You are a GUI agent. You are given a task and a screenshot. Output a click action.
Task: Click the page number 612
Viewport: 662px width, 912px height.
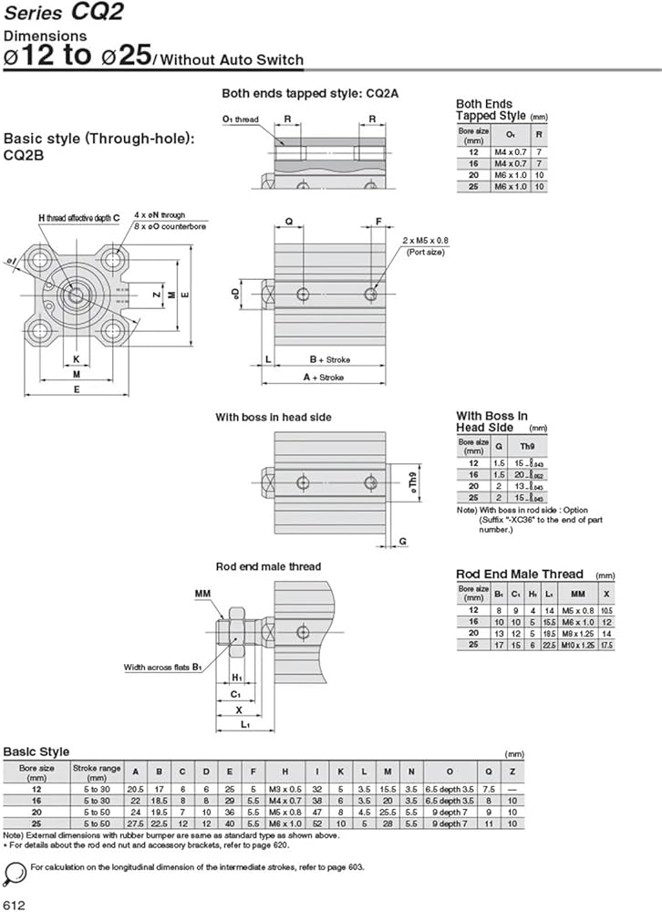pos(16,902)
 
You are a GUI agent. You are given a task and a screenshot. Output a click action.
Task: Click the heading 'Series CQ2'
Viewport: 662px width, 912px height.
pos(65,14)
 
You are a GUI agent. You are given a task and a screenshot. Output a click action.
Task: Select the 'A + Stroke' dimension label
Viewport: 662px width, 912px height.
pos(325,377)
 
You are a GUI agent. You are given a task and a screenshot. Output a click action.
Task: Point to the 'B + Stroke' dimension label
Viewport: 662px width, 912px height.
pos(329,359)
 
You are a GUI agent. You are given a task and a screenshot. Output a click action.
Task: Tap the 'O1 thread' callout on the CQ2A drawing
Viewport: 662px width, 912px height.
pos(240,119)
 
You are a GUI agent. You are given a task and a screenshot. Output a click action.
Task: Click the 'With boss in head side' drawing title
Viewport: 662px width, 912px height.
pos(274,417)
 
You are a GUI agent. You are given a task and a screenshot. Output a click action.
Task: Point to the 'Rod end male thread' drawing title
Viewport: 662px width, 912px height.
pos(268,566)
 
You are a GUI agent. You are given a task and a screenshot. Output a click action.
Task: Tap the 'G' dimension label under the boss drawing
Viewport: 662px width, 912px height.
pos(402,541)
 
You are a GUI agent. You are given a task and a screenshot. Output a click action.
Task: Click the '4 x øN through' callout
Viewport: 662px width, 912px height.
pos(160,215)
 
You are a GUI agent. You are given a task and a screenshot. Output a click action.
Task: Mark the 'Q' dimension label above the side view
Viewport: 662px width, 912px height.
pos(289,222)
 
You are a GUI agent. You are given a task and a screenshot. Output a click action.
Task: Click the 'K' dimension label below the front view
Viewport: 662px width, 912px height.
pos(77,358)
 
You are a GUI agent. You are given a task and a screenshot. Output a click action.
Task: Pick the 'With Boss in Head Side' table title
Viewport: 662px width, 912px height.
pos(491,421)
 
